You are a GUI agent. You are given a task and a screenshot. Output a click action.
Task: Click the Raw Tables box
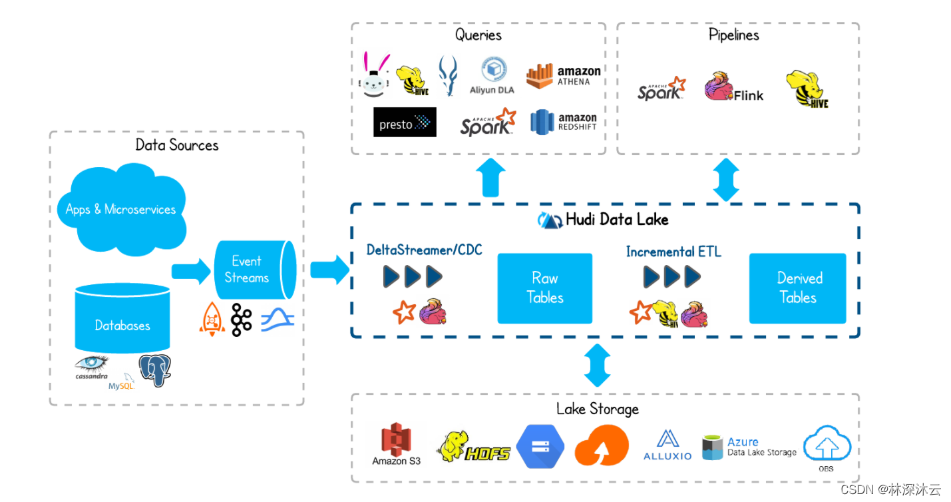[x=544, y=288]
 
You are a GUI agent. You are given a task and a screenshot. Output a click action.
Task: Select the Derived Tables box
[x=797, y=288]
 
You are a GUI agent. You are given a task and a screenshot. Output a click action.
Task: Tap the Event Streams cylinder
[x=253, y=270]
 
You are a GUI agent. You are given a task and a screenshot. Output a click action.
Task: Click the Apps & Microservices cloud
[x=120, y=208]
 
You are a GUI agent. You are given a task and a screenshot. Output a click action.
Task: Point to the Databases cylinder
[x=122, y=320]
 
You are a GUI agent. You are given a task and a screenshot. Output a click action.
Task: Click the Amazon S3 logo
[x=396, y=445]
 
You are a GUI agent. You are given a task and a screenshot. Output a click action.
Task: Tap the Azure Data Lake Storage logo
[x=749, y=447]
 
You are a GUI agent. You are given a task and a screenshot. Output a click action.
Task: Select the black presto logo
[x=405, y=123]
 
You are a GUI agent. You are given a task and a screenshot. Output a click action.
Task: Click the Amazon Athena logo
[x=563, y=76]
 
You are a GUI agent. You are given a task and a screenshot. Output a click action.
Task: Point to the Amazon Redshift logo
[x=563, y=122]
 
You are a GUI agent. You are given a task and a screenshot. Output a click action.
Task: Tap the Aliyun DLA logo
[x=493, y=75]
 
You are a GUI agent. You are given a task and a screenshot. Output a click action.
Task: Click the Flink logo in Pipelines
[x=734, y=89]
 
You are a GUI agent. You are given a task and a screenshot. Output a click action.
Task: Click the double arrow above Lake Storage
[x=597, y=365]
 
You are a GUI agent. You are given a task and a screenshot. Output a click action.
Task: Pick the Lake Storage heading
[x=597, y=409]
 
